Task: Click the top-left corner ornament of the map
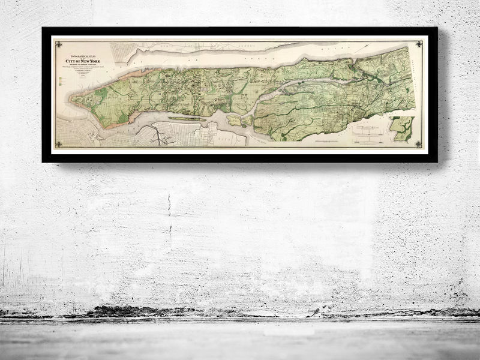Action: point(58,43)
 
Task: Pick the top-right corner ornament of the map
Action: point(418,43)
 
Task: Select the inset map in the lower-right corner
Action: point(401,128)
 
